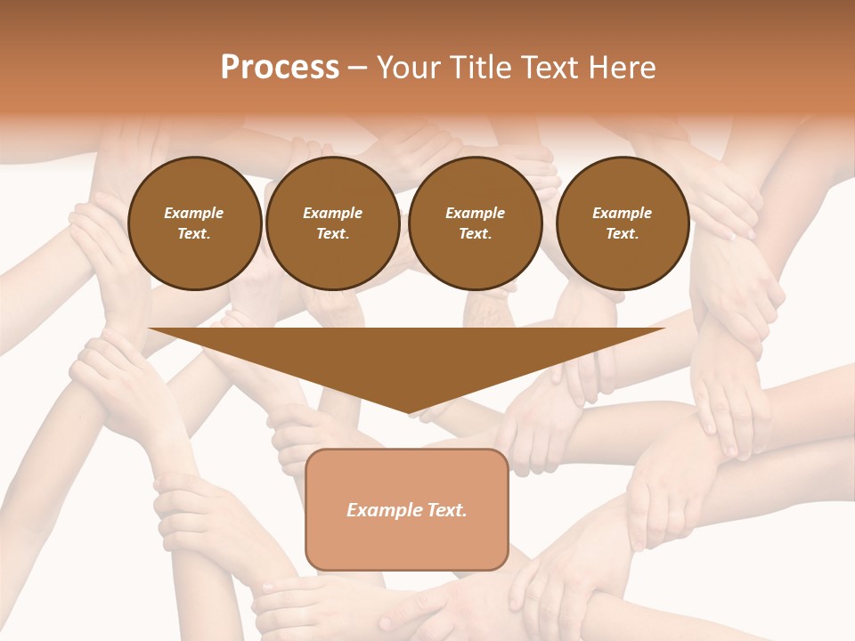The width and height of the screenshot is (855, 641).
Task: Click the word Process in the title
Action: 280,68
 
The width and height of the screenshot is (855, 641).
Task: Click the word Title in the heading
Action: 480,68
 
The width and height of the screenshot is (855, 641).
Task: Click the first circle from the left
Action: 195,223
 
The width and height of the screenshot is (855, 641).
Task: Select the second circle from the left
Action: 333,223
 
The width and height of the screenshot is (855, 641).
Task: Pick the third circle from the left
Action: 476,223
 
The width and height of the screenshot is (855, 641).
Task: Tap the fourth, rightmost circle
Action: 623,223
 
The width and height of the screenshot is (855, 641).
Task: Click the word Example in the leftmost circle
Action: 194,213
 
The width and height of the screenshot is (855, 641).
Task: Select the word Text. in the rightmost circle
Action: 623,234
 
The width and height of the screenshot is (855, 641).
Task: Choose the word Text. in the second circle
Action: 333,234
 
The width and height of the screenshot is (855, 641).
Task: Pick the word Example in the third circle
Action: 476,213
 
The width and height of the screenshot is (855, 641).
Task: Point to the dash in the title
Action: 357,68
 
